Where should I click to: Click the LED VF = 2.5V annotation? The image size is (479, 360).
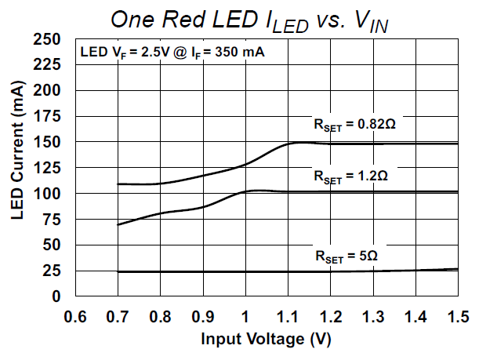[x=172, y=53]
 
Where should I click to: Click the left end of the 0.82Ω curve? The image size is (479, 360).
[x=118, y=184]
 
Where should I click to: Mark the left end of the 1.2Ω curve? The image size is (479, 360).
[x=118, y=225]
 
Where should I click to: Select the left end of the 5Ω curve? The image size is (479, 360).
[x=118, y=272]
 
